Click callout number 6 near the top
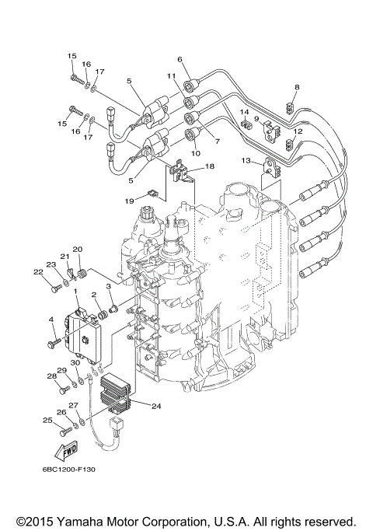180,60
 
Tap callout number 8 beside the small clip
296,87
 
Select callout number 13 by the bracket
246,161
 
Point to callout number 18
209,166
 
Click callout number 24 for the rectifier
156,406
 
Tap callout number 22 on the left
37,271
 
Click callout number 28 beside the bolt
51,376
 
